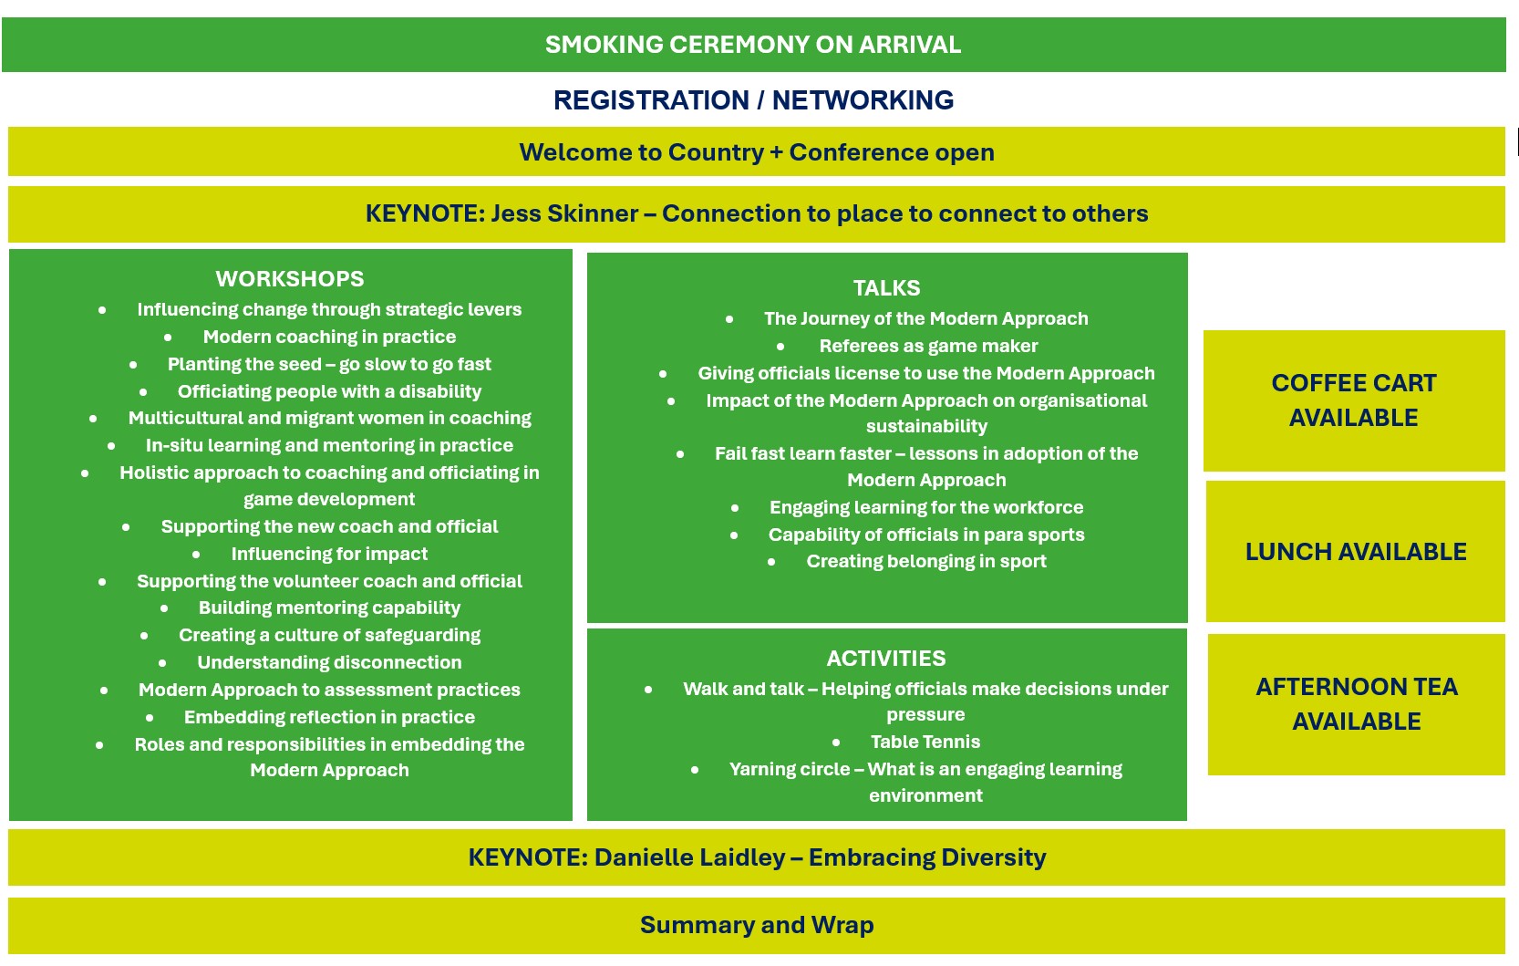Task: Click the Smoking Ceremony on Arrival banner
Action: [x=753, y=45]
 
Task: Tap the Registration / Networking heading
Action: [x=753, y=100]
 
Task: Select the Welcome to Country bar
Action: [x=756, y=152]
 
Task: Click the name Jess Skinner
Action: [x=564, y=213]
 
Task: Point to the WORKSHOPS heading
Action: [x=290, y=279]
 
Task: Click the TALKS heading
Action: [x=886, y=288]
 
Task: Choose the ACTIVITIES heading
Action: [x=886, y=659]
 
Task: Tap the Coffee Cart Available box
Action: [x=1354, y=400]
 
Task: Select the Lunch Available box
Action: [x=1356, y=552]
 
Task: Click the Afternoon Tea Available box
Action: [x=1357, y=704]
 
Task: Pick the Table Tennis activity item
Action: [x=925, y=743]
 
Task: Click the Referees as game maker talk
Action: [x=928, y=347]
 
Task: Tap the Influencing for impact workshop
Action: [x=329, y=555]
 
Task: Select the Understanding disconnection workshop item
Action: [x=329, y=663]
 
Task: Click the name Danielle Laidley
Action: [x=689, y=858]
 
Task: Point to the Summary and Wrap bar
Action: [x=756, y=926]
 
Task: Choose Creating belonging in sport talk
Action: [x=926, y=562]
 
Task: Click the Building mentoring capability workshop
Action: [x=329, y=608]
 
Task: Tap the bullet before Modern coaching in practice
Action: [x=168, y=338]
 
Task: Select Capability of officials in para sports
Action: [x=926, y=535]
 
